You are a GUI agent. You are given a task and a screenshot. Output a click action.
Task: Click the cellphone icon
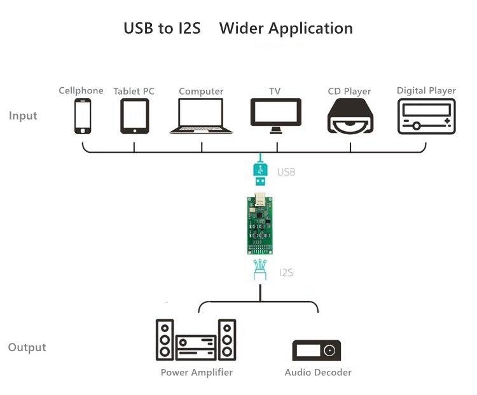[83, 116]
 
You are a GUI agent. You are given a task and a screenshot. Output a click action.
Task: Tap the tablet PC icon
[134, 116]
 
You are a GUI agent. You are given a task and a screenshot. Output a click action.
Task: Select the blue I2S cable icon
[259, 270]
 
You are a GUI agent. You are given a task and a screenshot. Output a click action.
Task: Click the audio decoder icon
[317, 350]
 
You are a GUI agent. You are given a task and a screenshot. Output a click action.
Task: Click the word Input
[23, 116]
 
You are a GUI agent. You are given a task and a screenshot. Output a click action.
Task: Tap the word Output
[27, 347]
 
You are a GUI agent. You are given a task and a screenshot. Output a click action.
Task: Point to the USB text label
[286, 172]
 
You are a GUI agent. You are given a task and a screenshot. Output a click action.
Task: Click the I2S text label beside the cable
[286, 272]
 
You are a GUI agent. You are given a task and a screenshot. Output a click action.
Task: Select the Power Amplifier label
[197, 372]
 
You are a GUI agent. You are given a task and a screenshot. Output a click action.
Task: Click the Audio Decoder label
[318, 372]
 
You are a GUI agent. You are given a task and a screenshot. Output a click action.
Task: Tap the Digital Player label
[426, 90]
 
